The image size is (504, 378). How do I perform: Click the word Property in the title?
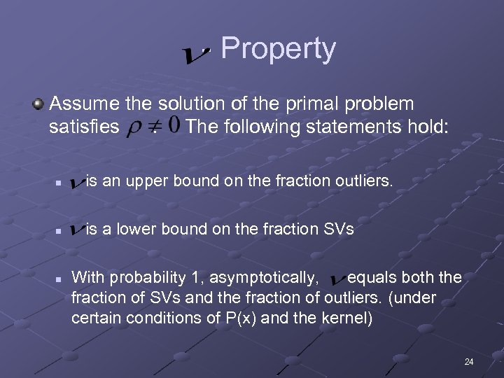(278, 49)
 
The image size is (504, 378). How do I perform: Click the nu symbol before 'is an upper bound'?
(77, 184)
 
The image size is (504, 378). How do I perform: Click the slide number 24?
(468, 362)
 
